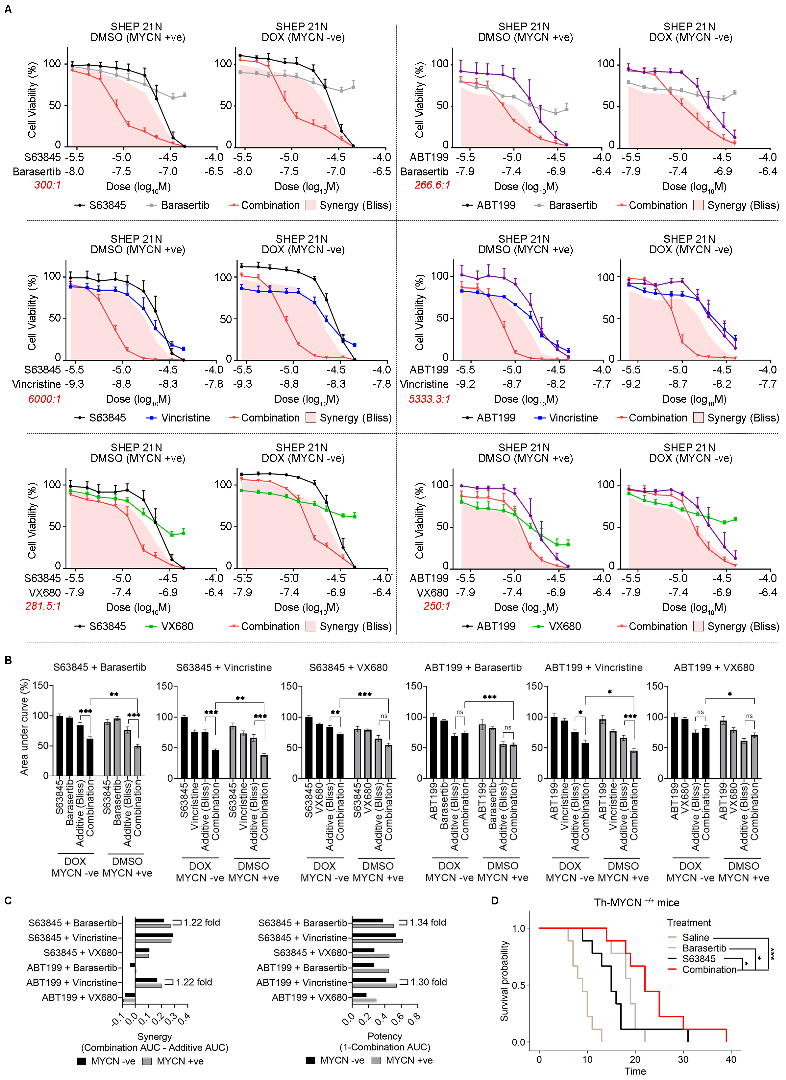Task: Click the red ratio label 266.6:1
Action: [432, 185]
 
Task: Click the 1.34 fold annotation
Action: [427, 922]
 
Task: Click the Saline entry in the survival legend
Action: [696, 937]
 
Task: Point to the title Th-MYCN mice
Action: [636, 902]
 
